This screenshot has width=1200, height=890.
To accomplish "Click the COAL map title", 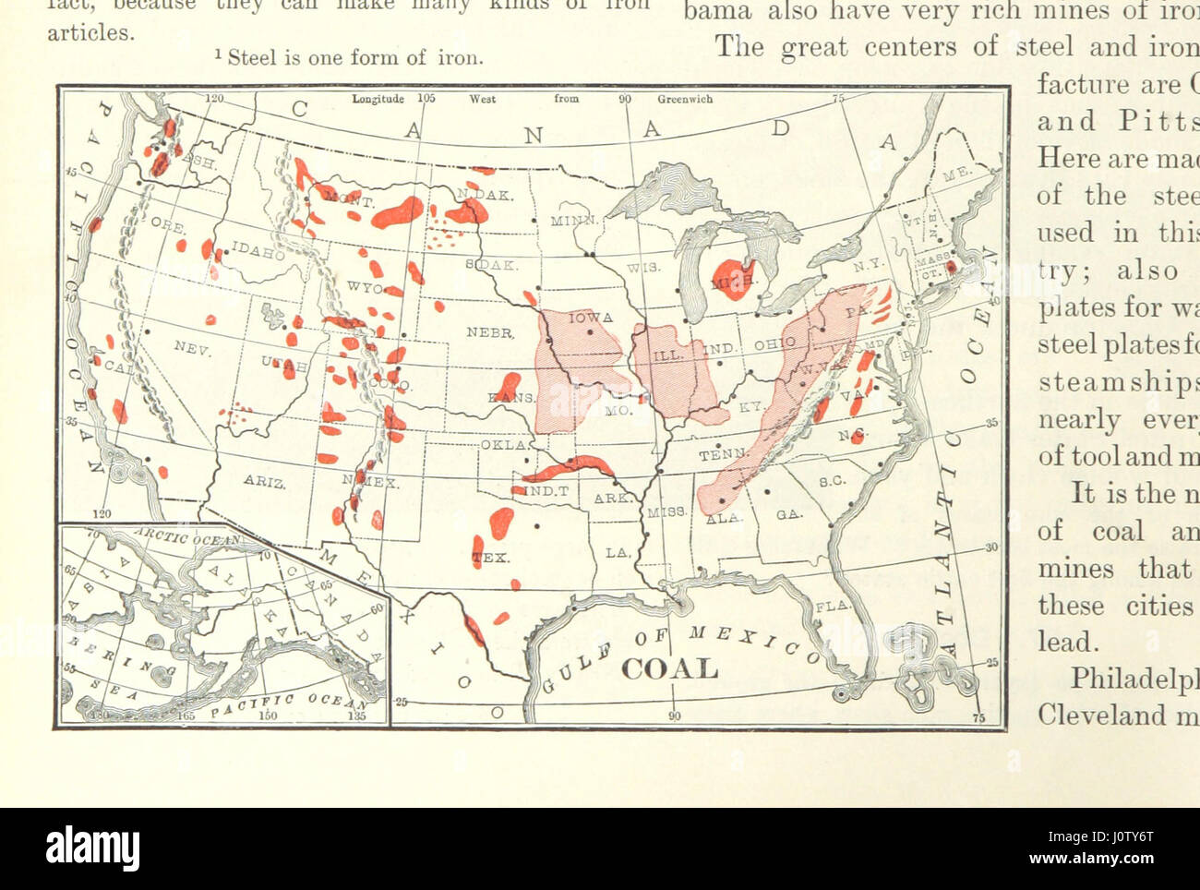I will [x=669, y=668].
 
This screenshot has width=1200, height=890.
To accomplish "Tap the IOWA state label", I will [x=591, y=318].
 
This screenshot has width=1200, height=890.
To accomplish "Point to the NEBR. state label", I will [x=490, y=332].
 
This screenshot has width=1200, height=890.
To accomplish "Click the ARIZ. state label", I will [x=264, y=481].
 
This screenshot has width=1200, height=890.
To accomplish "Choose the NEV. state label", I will [x=193, y=349].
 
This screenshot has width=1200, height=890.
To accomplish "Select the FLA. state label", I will [x=833, y=607].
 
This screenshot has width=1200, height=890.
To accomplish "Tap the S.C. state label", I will [x=833, y=481].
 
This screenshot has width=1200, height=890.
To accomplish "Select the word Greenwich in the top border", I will [x=685, y=99].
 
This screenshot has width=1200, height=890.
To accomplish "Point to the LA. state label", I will [x=618, y=553].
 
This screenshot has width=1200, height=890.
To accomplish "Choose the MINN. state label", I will [x=574, y=222].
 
